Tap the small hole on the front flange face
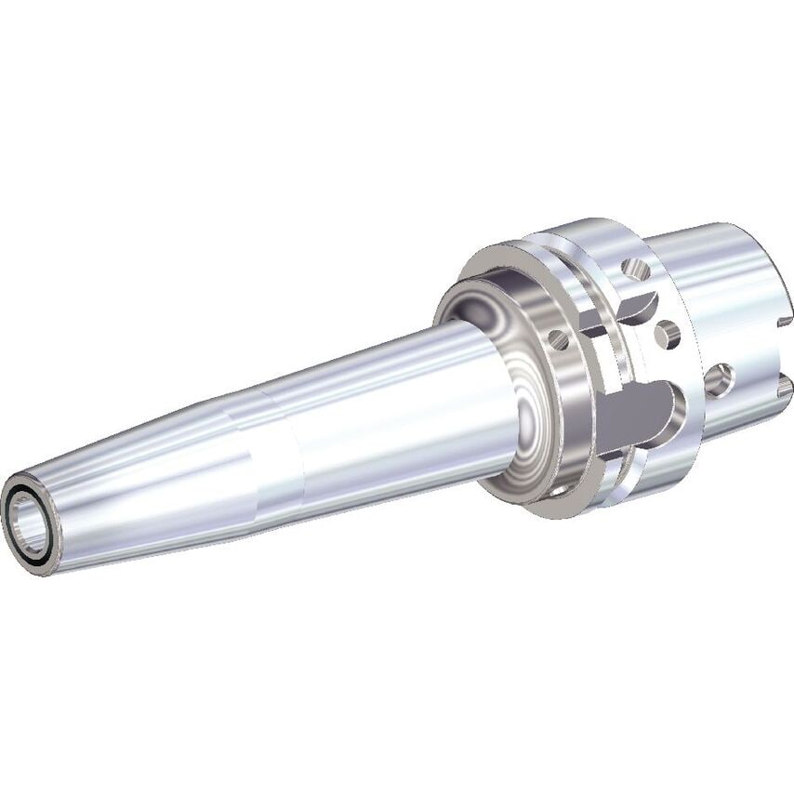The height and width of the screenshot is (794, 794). pos(559,339)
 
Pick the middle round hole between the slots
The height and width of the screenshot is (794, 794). pos(666,332)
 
